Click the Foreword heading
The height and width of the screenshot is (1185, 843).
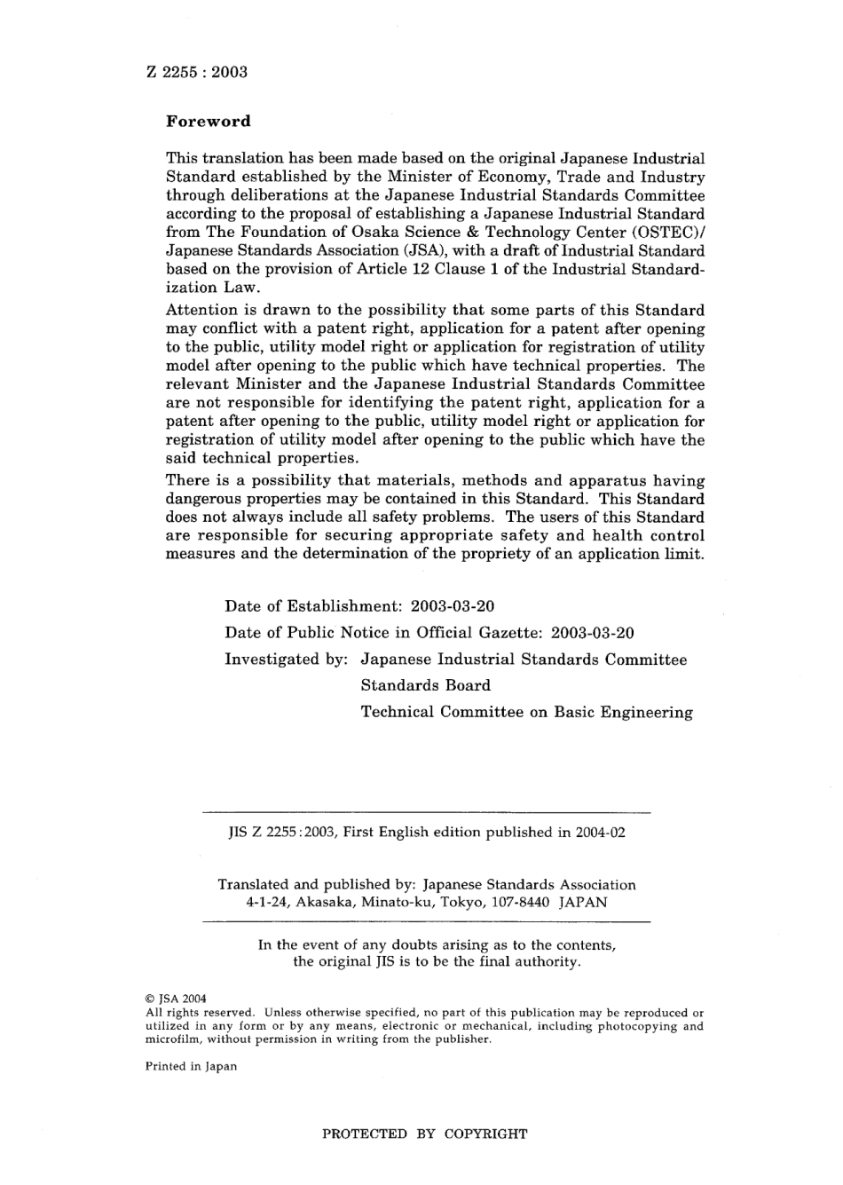pos(209,122)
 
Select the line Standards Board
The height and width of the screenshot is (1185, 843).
pos(425,685)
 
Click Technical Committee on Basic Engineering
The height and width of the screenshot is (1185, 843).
pos(526,712)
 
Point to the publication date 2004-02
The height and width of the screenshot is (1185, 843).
pos(599,833)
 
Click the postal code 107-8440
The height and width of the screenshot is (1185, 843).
pos(526,902)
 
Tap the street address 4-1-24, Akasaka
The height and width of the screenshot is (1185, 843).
pos(297,902)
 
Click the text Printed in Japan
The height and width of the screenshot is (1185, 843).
pos(191,1066)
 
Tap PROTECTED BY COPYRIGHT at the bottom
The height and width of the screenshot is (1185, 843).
pos(424,1134)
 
